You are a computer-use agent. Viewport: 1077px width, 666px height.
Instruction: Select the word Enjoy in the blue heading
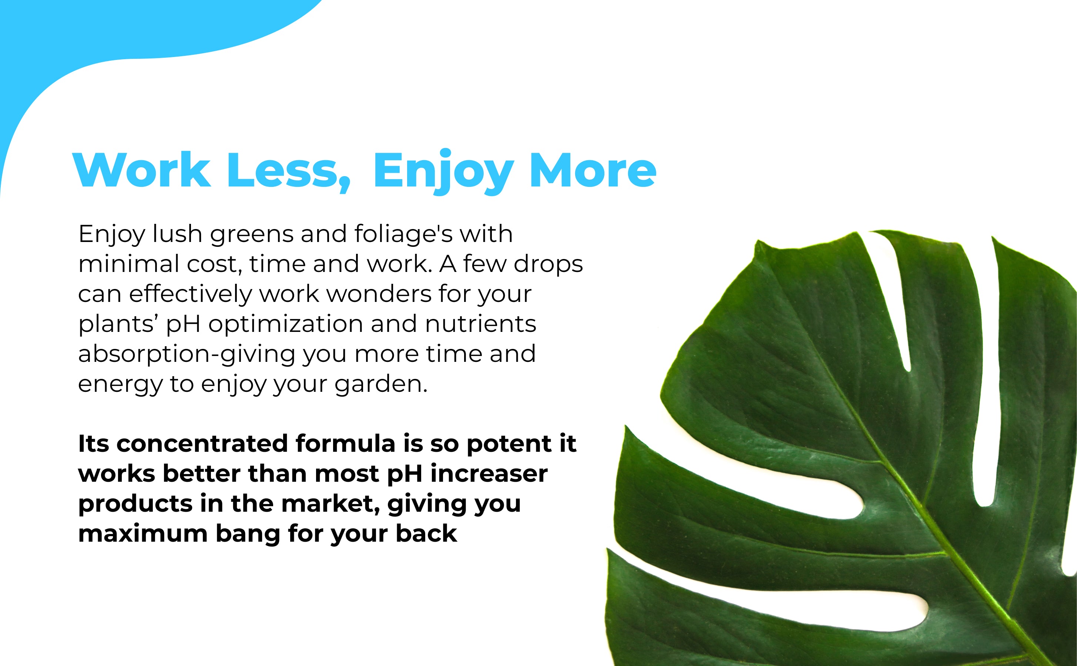pyautogui.click(x=443, y=172)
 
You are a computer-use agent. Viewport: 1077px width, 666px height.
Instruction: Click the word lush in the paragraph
pyautogui.click(x=177, y=233)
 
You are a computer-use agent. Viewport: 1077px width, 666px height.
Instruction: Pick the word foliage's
pyautogui.click(x=403, y=234)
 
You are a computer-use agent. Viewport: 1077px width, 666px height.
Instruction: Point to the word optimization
pyautogui.click(x=285, y=324)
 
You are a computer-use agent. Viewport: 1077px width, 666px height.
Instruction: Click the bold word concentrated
pyautogui.click(x=202, y=444)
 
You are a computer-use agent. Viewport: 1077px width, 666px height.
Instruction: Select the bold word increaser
pyautogui.click(x=489, y=474)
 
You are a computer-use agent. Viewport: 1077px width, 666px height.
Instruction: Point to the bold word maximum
pyautogui.click(x=143, y=534)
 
